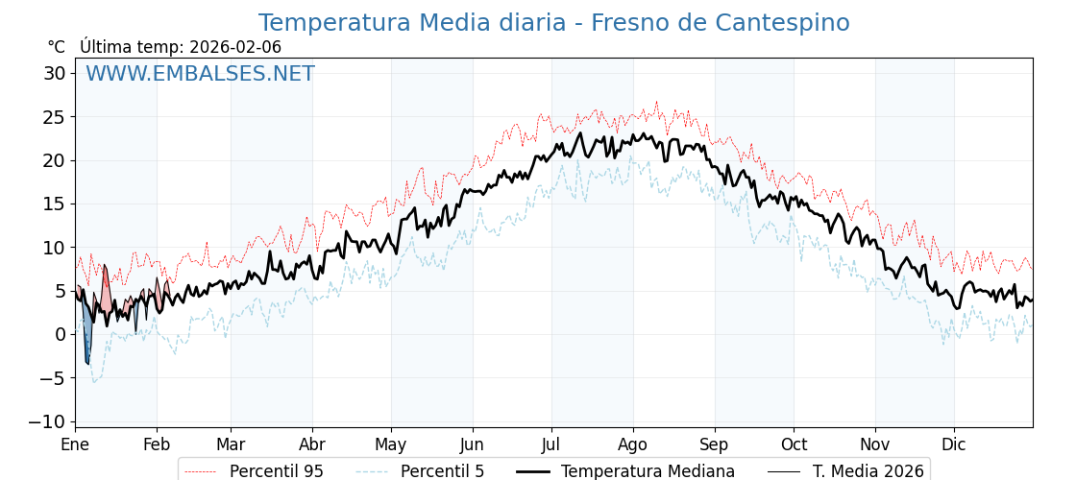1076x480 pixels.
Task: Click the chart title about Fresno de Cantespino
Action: tap(553, 23)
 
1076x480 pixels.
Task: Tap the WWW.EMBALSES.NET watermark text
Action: tap(200, 74)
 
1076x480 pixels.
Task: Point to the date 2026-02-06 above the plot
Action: tap(235, 47)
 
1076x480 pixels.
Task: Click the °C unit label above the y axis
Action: tap(56, 47)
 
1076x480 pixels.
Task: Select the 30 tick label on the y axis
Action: tap(55, 73)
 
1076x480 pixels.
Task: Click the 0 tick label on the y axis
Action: tap(61, 334)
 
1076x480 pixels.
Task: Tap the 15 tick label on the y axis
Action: tap(55, 204)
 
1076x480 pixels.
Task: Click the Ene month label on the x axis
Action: tap(75, 445)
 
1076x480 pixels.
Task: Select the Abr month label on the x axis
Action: tap(312, 445)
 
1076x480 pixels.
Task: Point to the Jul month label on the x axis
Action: tap(551, 445)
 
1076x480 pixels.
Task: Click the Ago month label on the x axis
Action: tap(633, 445)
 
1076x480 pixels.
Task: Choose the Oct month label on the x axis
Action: tap(794, 445)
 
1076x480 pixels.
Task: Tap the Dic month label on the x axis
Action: tap(954, 445)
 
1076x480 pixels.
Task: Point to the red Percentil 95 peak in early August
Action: tap(657, 102)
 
